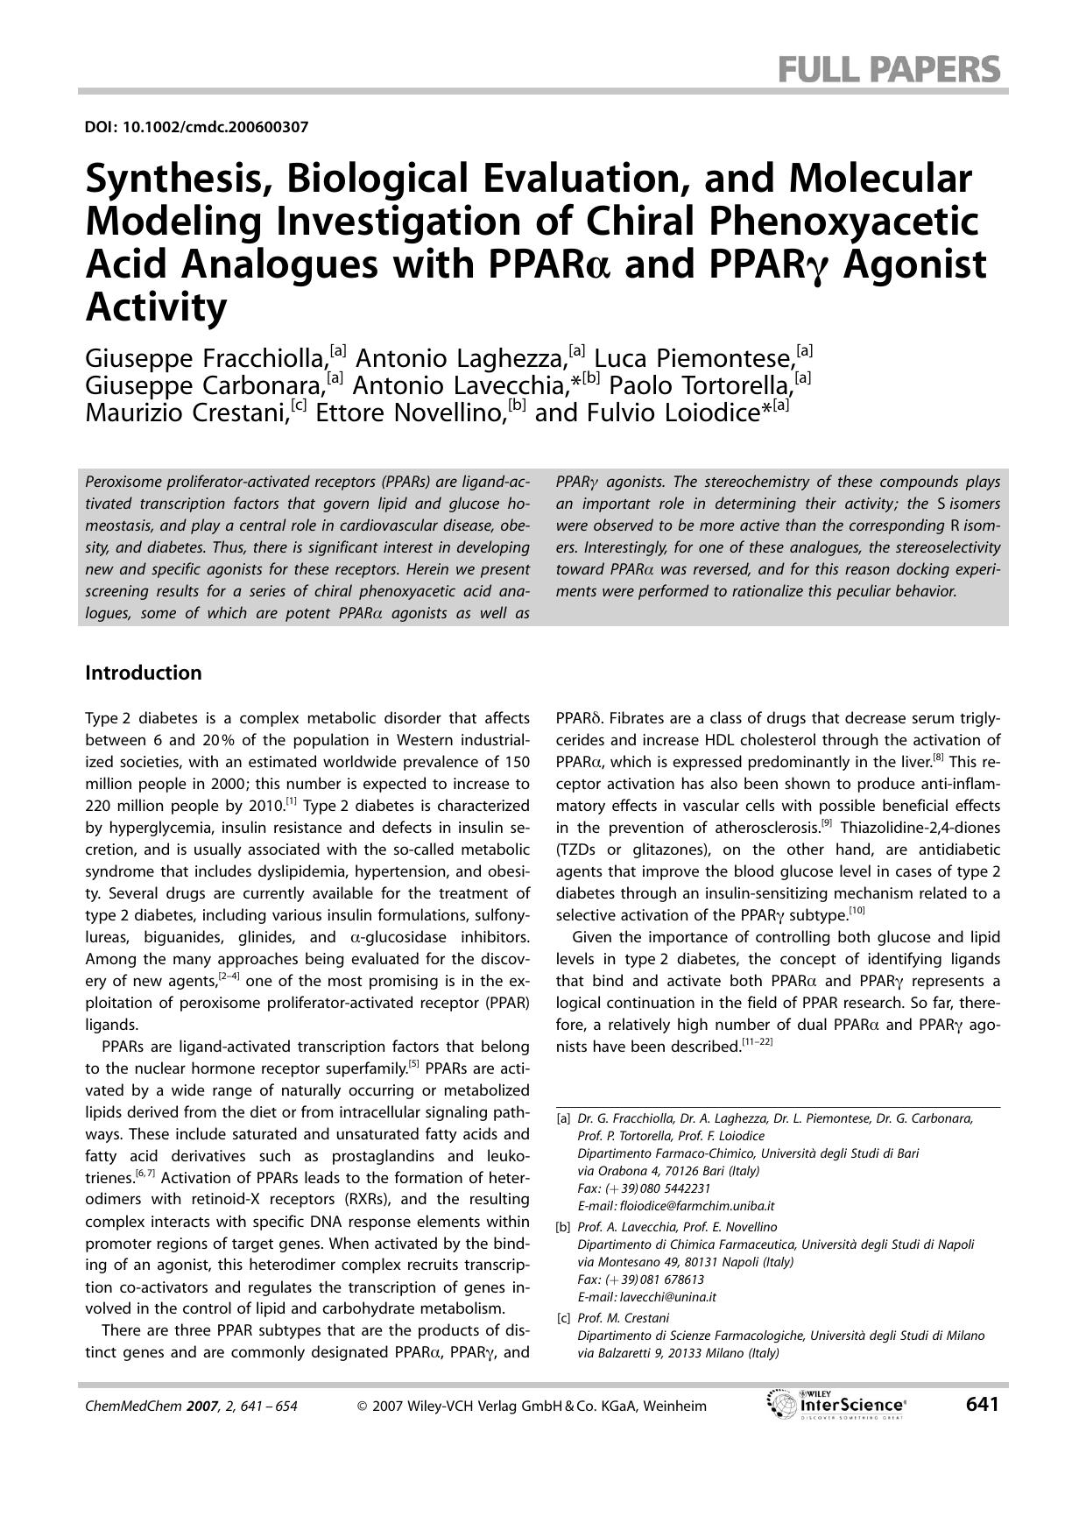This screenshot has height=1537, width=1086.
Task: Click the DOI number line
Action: [x=196, y=127]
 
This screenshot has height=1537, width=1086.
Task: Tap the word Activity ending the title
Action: [x=156, y=307]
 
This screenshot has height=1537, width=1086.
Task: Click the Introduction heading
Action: [x=143, y=673]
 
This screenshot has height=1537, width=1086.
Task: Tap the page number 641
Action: [x=982, y=1404]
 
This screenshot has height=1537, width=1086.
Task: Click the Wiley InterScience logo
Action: [x=836, y=1404]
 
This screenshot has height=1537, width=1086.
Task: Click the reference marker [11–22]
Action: [x=757, y=1042]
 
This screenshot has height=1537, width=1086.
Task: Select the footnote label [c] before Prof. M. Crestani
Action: [x=563, y=1318]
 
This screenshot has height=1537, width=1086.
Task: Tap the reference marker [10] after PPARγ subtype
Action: [x=857, y=911]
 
